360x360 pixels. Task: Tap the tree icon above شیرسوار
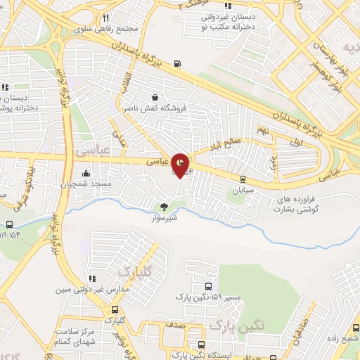tap(164, 207)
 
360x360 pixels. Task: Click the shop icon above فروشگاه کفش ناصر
tap(155, 98)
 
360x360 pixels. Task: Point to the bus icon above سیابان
tap(243, 179)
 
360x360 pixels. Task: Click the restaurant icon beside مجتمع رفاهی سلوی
tap(105, 18)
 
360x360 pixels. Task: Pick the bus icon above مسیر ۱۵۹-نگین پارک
tap(208, 286)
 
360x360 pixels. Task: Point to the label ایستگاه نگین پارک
tap(239, 356)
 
